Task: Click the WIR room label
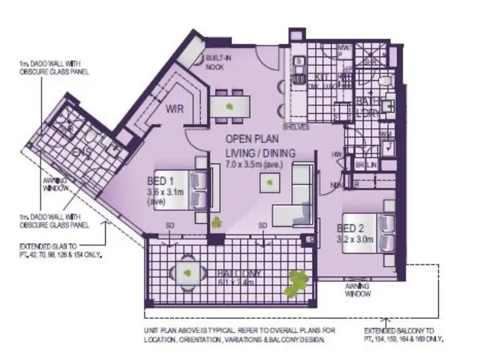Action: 175,110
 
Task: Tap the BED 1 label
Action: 159,180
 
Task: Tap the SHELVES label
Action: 295,126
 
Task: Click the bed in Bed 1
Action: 198,189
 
